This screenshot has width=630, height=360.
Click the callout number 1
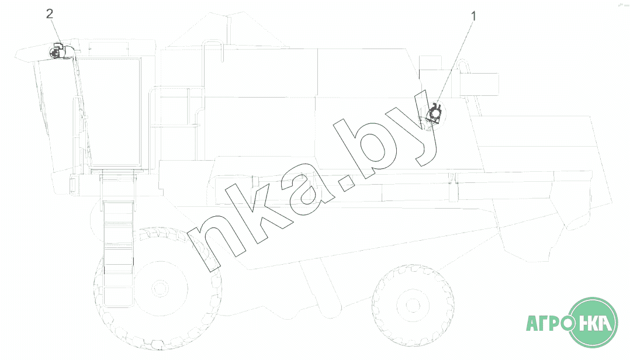click(473, 16)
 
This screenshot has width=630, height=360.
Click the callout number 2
click(50, 14)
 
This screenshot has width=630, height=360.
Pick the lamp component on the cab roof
click(59, 51)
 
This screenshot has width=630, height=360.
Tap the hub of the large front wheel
click(160, 288)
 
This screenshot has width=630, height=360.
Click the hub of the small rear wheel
click(413, 305)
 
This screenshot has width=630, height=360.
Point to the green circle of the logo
click(594, 322)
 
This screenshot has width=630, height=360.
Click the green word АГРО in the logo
click(549, 323)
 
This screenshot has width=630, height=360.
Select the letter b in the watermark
click(364, 145)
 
